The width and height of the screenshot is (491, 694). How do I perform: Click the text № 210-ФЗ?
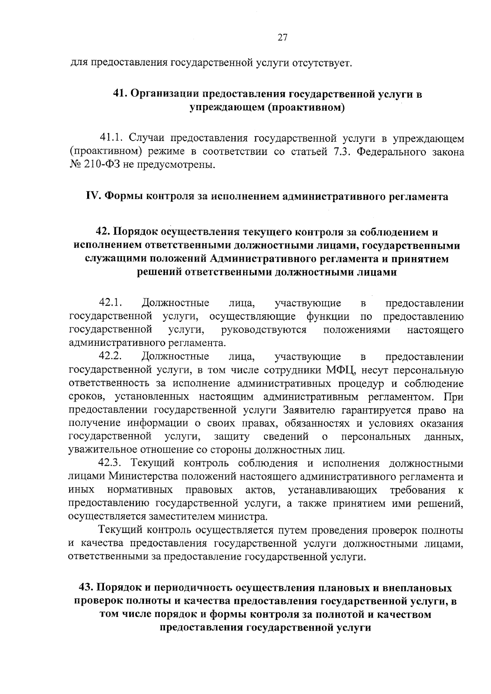tap(91, 166)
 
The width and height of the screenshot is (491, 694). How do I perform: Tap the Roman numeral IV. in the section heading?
tap(93, 197)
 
